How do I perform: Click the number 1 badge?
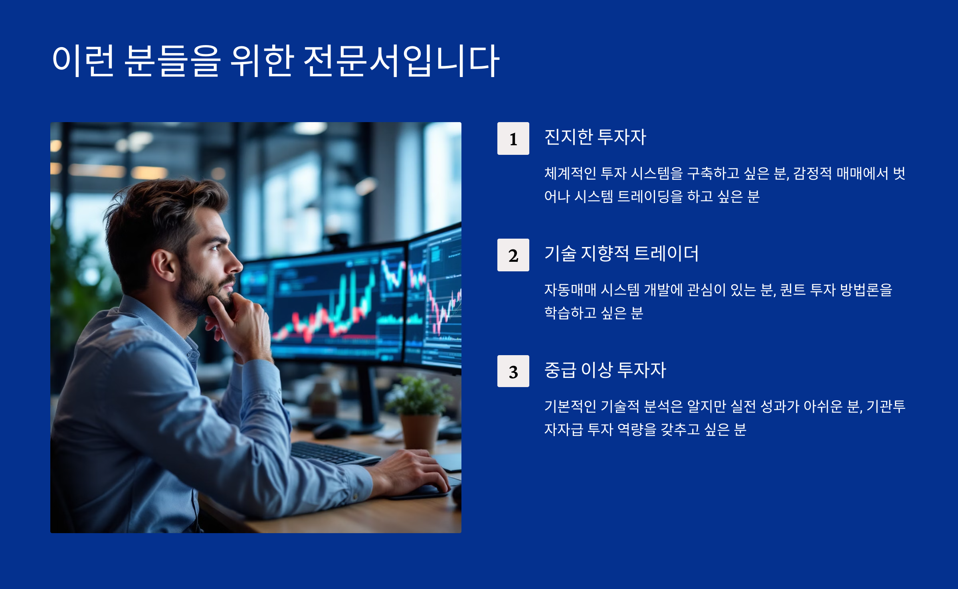click(x=513, y=138)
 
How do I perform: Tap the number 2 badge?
click(x=513, y=255)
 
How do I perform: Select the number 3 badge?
click(x=513, y=371)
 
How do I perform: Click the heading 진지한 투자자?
click(x=595, y=137)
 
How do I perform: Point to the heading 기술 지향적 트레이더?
click(x=622, y=253)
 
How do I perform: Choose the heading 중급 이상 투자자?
click(x=605, y=370)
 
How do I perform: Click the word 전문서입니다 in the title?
click(x=401, y=61)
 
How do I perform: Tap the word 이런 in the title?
click(x=83, y=61)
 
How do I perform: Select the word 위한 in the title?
click(x=262, y=61)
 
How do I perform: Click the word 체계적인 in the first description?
click(x=570, y=173)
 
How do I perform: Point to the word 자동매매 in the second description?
click(x=570, y=290)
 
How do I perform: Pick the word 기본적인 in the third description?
click(x=570, y=406)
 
